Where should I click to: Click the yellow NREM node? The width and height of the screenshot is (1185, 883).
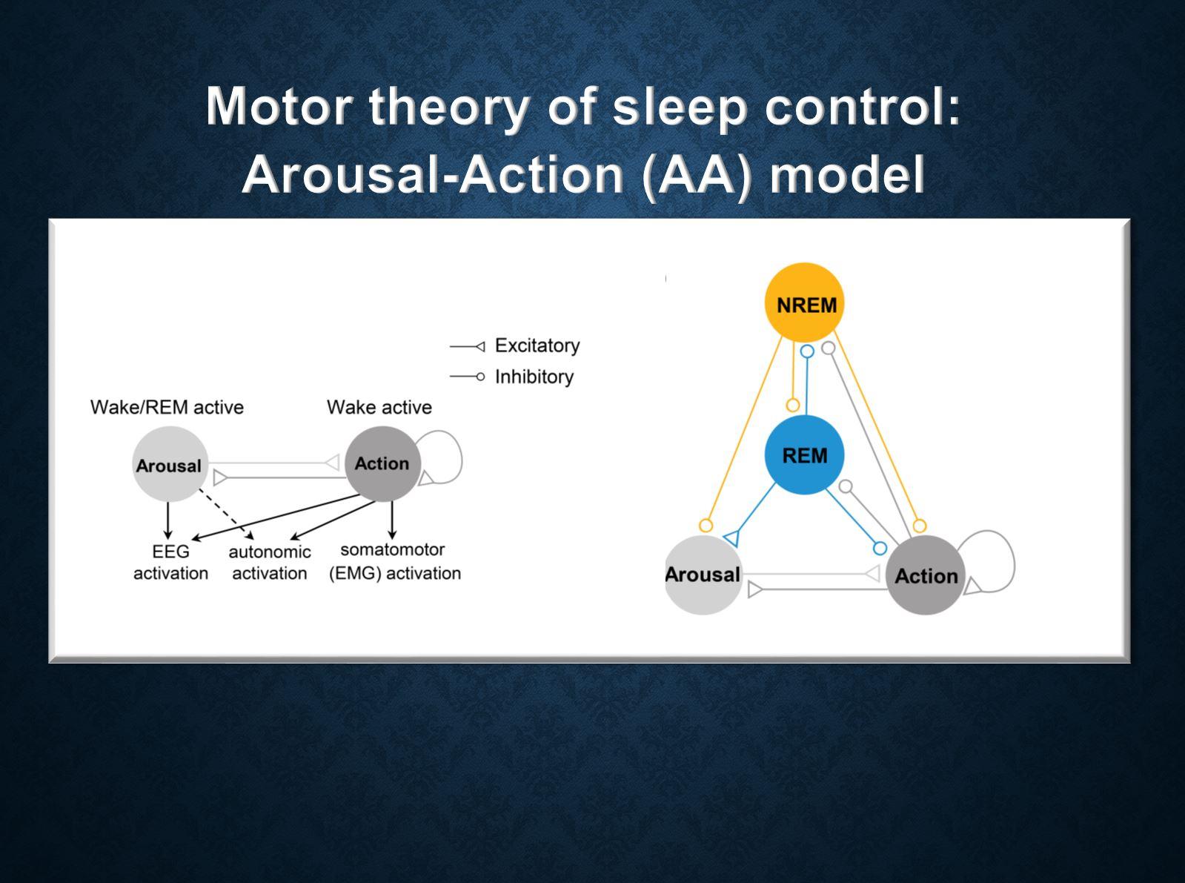click(805, 303)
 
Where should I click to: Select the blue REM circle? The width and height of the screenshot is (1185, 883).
click(804, 454)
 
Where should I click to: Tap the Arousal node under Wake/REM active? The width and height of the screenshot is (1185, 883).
click(170, 465)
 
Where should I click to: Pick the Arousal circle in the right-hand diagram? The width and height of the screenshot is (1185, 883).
click(702, 575)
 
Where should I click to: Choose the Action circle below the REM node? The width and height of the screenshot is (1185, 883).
click(925, 575)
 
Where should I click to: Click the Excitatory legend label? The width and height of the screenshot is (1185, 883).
click(537, 345)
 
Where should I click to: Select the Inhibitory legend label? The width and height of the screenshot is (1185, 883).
click(534, 377)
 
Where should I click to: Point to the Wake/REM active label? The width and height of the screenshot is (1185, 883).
click(167, 407)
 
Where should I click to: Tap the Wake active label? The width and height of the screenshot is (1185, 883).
click(379, 407)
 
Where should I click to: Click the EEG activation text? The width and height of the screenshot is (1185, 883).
click(170, 562)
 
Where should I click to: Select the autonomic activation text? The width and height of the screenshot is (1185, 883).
click(269, 562)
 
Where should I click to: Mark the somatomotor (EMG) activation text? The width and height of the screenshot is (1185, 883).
click(394, 561)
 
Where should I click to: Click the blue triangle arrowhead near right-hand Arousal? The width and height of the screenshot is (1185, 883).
click(731, 538)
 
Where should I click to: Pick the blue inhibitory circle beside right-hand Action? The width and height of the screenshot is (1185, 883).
click(880, 549)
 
